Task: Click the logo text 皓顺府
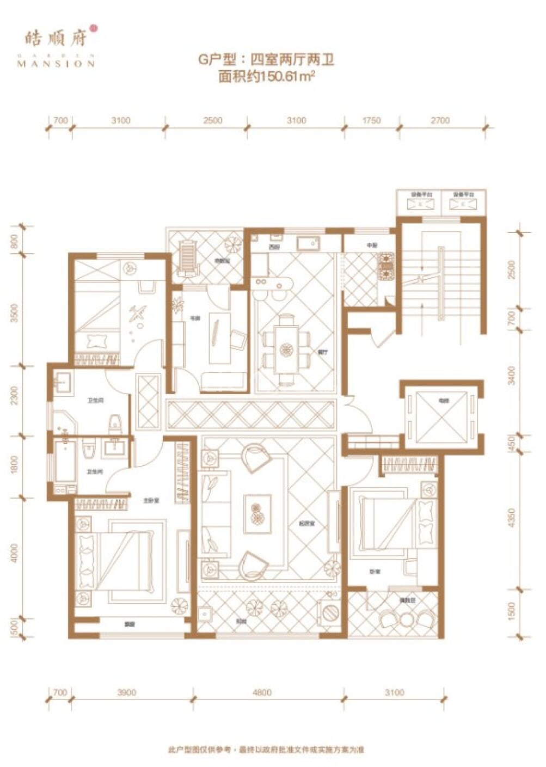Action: [56, 38]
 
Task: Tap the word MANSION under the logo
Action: [56, 63]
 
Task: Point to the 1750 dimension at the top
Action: [371, 120]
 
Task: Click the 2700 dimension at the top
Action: [440, 120]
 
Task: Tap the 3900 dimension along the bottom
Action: [126, 692]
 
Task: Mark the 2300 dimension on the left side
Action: [15, 396]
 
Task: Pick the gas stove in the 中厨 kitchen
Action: [387, 265]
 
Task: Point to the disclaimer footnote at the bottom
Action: [266, 750]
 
